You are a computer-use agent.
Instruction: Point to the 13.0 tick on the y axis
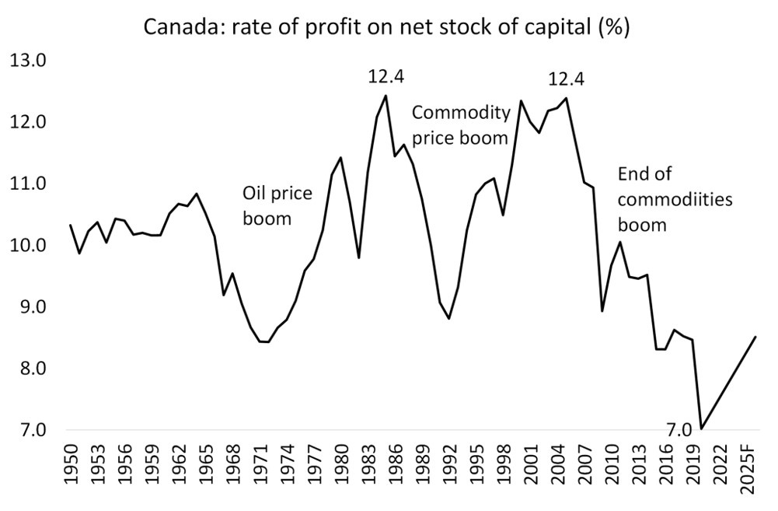[29, 61]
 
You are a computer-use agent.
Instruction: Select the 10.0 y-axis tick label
[29, 246]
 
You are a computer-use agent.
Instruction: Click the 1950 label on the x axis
[72, 466]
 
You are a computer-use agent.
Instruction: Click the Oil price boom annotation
[277, 205]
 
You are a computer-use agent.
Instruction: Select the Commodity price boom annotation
[460, 125]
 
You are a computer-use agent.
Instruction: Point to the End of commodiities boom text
[674, 200]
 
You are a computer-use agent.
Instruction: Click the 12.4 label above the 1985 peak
[386, 77]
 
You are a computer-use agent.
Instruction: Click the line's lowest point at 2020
[702, 429]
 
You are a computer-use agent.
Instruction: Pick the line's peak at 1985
[386, 96]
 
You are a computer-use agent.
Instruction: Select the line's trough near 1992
[448, 318]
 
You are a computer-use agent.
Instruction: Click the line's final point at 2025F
[755, 337]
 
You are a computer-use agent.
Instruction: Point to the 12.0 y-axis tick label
[29, 122]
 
